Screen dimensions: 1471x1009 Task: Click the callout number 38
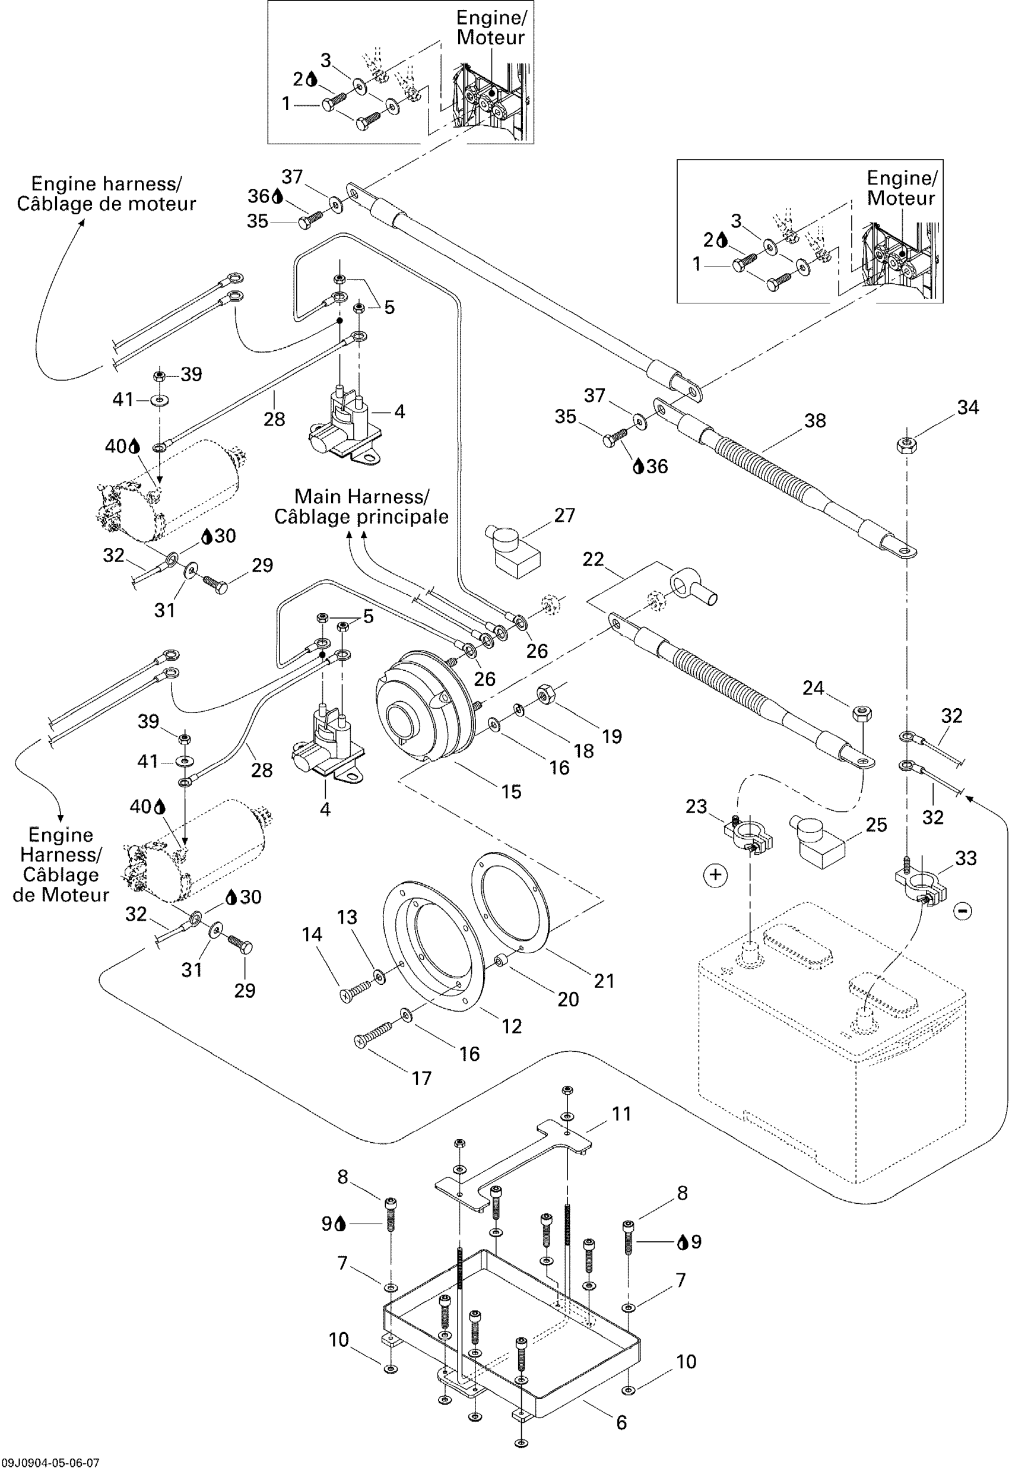tap(815, 421)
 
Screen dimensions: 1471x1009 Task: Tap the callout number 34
tap(968, 408)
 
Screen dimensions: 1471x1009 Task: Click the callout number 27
tap(564, 515)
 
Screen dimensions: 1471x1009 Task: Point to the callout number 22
tap(593, 559)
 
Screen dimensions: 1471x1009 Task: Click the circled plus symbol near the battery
tap(715, 875)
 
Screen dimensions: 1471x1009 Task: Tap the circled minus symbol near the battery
tap(963, 911)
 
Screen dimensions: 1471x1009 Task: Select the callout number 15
tap(511, 791)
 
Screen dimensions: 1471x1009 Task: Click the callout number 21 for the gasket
tap(604, 981)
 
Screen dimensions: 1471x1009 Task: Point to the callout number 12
tap(512, 1026)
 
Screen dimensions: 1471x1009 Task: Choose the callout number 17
tap(421, 1078)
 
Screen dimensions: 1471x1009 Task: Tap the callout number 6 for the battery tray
tap(621, 1422)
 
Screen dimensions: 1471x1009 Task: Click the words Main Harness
tap(361, 496)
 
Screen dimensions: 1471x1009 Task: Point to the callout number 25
tap(876, 825)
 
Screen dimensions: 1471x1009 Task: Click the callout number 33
tap(966, 858)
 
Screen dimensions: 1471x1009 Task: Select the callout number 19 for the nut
tap(611, 736)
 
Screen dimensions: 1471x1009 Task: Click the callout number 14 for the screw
tap(312, 934)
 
